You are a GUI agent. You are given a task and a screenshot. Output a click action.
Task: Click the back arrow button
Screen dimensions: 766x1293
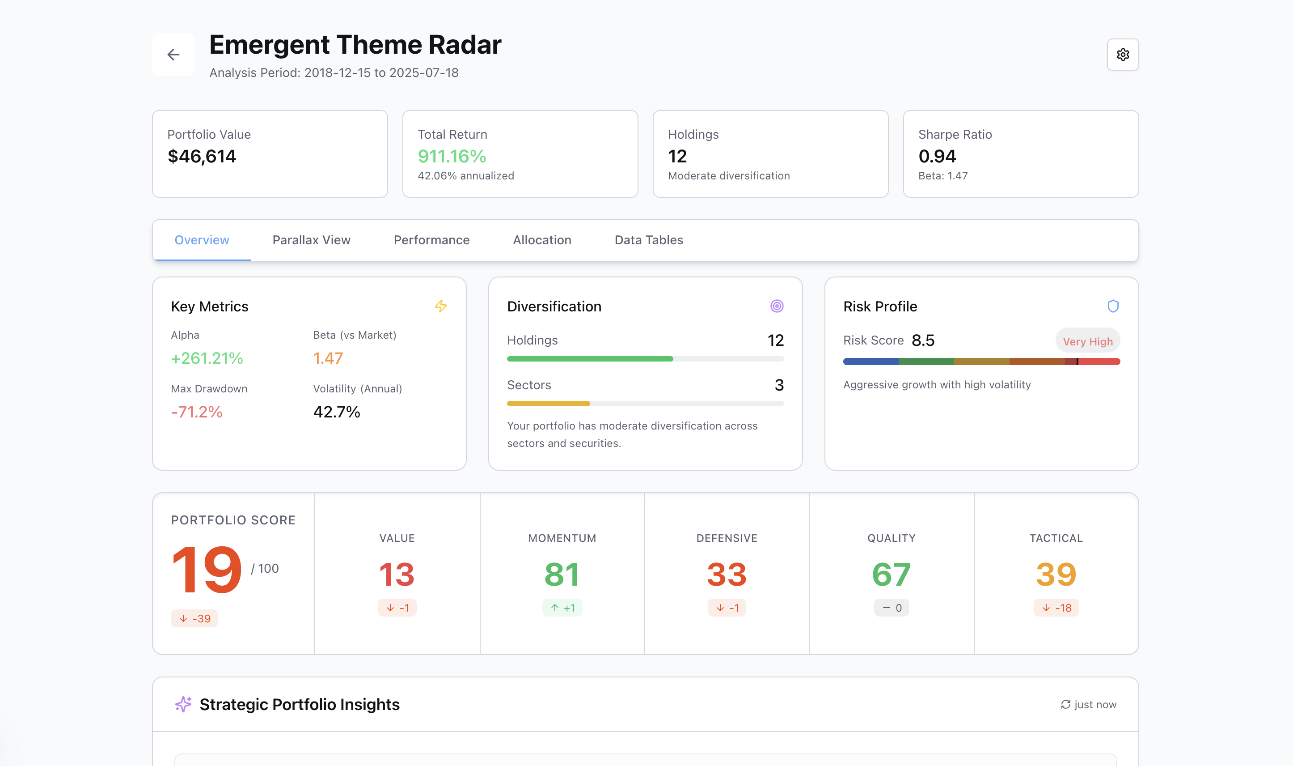173,55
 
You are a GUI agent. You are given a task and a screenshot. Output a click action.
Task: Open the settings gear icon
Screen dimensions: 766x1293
1122,55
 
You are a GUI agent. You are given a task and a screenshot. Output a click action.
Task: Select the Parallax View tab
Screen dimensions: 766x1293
311,240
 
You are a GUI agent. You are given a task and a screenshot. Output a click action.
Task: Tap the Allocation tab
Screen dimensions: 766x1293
541,240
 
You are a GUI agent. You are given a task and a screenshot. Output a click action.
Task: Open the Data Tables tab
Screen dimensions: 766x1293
648,240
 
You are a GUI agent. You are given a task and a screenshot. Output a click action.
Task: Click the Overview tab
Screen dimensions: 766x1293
202,240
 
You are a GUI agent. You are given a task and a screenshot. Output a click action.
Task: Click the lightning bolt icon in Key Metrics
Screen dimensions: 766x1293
440,306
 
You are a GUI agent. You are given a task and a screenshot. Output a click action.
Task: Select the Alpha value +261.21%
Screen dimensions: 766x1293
207,358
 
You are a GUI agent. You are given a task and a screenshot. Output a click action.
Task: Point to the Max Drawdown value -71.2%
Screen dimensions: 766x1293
197,412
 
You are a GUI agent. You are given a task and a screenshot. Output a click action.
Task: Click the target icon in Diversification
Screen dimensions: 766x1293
776,306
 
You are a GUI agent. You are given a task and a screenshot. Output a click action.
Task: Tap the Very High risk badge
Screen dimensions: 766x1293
1087,341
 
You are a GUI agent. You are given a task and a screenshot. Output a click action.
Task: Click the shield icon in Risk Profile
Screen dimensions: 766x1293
1112,306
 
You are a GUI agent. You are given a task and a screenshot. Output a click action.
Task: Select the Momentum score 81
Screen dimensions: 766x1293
562,574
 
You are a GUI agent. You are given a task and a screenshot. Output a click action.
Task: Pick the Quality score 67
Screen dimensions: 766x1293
891,574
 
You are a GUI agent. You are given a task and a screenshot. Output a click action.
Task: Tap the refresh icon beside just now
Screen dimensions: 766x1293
1065,705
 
